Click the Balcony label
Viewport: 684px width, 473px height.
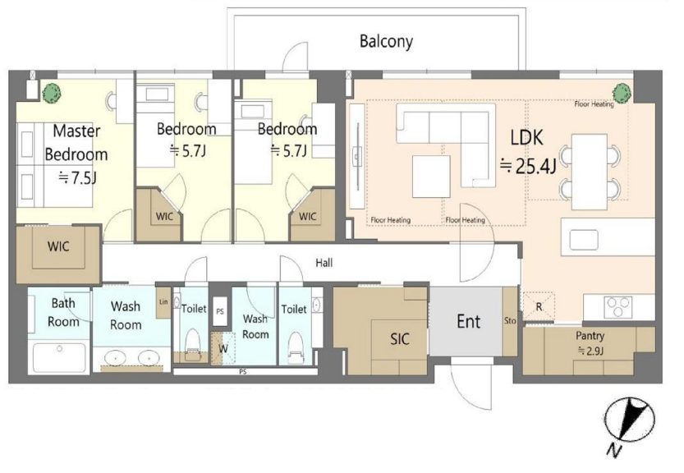pyautogui.click(x=386, y=41)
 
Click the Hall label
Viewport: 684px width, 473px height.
pyautogui.click(x=324, y=263)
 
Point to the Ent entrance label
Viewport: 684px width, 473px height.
pyautogui.click(x=469, y=322)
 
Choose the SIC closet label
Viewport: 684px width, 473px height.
pyautogui.click(x=400, y=338)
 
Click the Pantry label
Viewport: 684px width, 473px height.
pyautogui.click(x=590, y=336)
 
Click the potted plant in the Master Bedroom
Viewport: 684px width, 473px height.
pyautogui.click(x=52, y=93)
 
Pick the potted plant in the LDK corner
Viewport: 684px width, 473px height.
pyautogui.click(x=622, y=93)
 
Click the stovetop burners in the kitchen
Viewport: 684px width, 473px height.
pyautogui.click(x=617, y=306)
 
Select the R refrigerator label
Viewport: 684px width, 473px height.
pyautogui.click(x=539, y=307)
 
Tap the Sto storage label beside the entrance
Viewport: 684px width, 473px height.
pyautogui.click(x=510, y=321)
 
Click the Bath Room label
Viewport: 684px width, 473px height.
pyautogui.click(x=63, y=312)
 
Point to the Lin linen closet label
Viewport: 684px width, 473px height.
pyautogui.click(x=163, y=301)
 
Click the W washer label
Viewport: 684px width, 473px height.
pyautogui.click(x=223, y=349)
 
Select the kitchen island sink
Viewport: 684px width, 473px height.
pyautogui.click(x=584, y=240)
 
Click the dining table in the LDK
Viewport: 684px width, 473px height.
pyautogui.click(x=590, y=172)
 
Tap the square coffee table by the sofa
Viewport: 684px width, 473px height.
pyautogui.click(x=431, y=177)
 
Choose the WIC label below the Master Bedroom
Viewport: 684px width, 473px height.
pyautogui.click(x=58, y=246)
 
